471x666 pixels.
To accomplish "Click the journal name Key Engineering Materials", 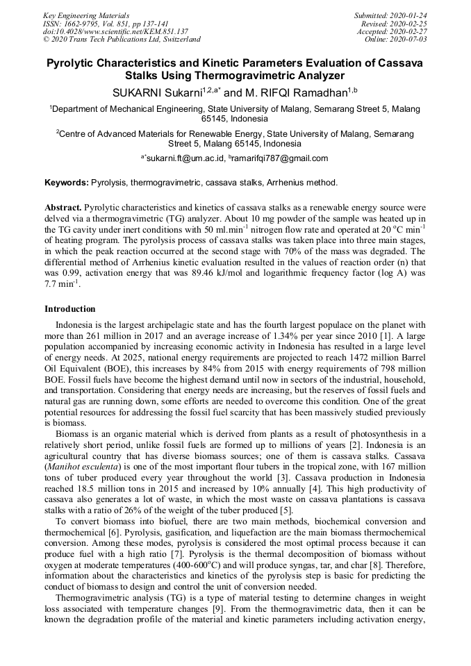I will pos(86,15).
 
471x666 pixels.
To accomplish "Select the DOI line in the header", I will pos(115,31).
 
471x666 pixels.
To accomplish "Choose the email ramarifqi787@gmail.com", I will pos(283,158).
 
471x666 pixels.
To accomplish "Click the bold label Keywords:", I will pos(66,183).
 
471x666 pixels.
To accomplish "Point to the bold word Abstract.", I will pos(63,208).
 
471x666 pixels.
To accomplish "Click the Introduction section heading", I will pos(70,309).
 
